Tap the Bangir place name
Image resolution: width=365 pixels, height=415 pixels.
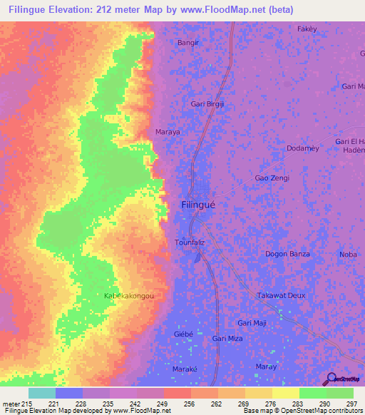pyautogui.click(x=187, y=43)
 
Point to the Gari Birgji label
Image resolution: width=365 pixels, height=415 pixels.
pyautogui.click(x=207, y=104)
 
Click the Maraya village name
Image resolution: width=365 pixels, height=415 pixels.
pyautogui.click(x=168, y=132)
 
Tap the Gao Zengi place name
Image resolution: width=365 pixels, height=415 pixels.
pyautogui.click(x=272, y=178)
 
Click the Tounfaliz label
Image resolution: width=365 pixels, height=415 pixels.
pyautogui.click(x=190, y=243)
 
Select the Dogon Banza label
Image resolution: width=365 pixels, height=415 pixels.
pyautogui.click(x=287, y=254)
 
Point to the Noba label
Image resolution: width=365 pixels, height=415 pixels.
pyautogui.click(x=349, y=255)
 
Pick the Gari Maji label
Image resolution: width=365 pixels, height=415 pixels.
pyautogui.click(x=252, y=322)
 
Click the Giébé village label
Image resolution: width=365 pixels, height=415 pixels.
pyautogui.click(x=183, y=334)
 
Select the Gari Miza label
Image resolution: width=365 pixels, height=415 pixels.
pyautogui.click(x=228, y=339)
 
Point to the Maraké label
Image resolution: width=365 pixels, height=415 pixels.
pyautogui.click(x=184, y=369)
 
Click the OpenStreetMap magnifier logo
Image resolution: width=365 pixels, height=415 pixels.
pyautogui.click(x=330, y=379)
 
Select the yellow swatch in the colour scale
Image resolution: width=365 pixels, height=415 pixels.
pyautogui.click(x=285, y=393)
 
